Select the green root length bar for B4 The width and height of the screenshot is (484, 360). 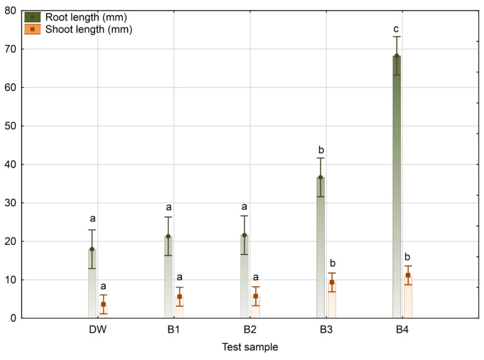click(x=396, y=186)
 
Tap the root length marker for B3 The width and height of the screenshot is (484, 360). click(x=321, y=178)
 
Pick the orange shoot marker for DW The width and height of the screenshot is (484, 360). click(x=103, y=304)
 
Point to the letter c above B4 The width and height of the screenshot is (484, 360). click(x=396, y=29)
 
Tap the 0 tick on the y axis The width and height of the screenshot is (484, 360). click(x=15, y=318)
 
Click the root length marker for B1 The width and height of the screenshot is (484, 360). click(x=168, y=236)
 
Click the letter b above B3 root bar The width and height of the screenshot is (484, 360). click(x=321, y=150)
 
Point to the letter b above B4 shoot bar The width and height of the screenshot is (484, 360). click(x=408, y=258)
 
